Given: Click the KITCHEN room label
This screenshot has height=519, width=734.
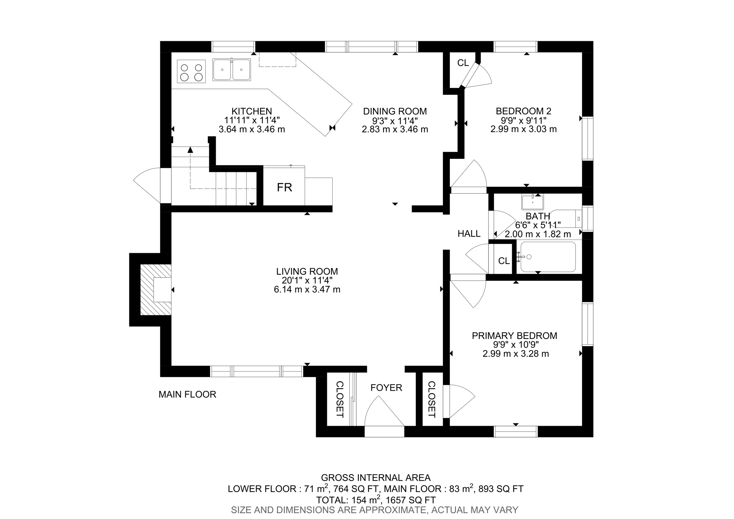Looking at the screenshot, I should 252,111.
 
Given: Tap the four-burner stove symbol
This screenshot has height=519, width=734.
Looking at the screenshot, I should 191,72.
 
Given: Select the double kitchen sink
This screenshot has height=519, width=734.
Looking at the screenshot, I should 232,70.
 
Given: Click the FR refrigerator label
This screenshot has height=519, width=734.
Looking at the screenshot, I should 284,187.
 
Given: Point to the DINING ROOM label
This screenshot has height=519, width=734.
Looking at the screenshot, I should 395,111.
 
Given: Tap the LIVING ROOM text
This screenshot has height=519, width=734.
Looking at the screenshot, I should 307,272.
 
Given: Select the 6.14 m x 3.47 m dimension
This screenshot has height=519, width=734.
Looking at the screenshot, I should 307,289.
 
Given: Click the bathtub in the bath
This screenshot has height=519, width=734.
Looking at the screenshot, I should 548,257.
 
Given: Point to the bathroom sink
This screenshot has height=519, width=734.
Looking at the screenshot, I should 533,202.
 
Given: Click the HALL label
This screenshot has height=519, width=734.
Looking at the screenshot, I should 469,234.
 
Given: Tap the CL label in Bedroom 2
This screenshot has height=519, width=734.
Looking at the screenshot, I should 463,63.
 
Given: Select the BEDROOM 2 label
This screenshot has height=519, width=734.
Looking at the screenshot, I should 523,111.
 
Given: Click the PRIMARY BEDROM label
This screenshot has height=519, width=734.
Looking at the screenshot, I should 514,336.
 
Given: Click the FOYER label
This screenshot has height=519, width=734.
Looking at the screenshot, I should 386,388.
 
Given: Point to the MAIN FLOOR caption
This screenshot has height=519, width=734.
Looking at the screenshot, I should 187,395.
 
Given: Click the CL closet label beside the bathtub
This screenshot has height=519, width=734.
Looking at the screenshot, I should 504,261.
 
